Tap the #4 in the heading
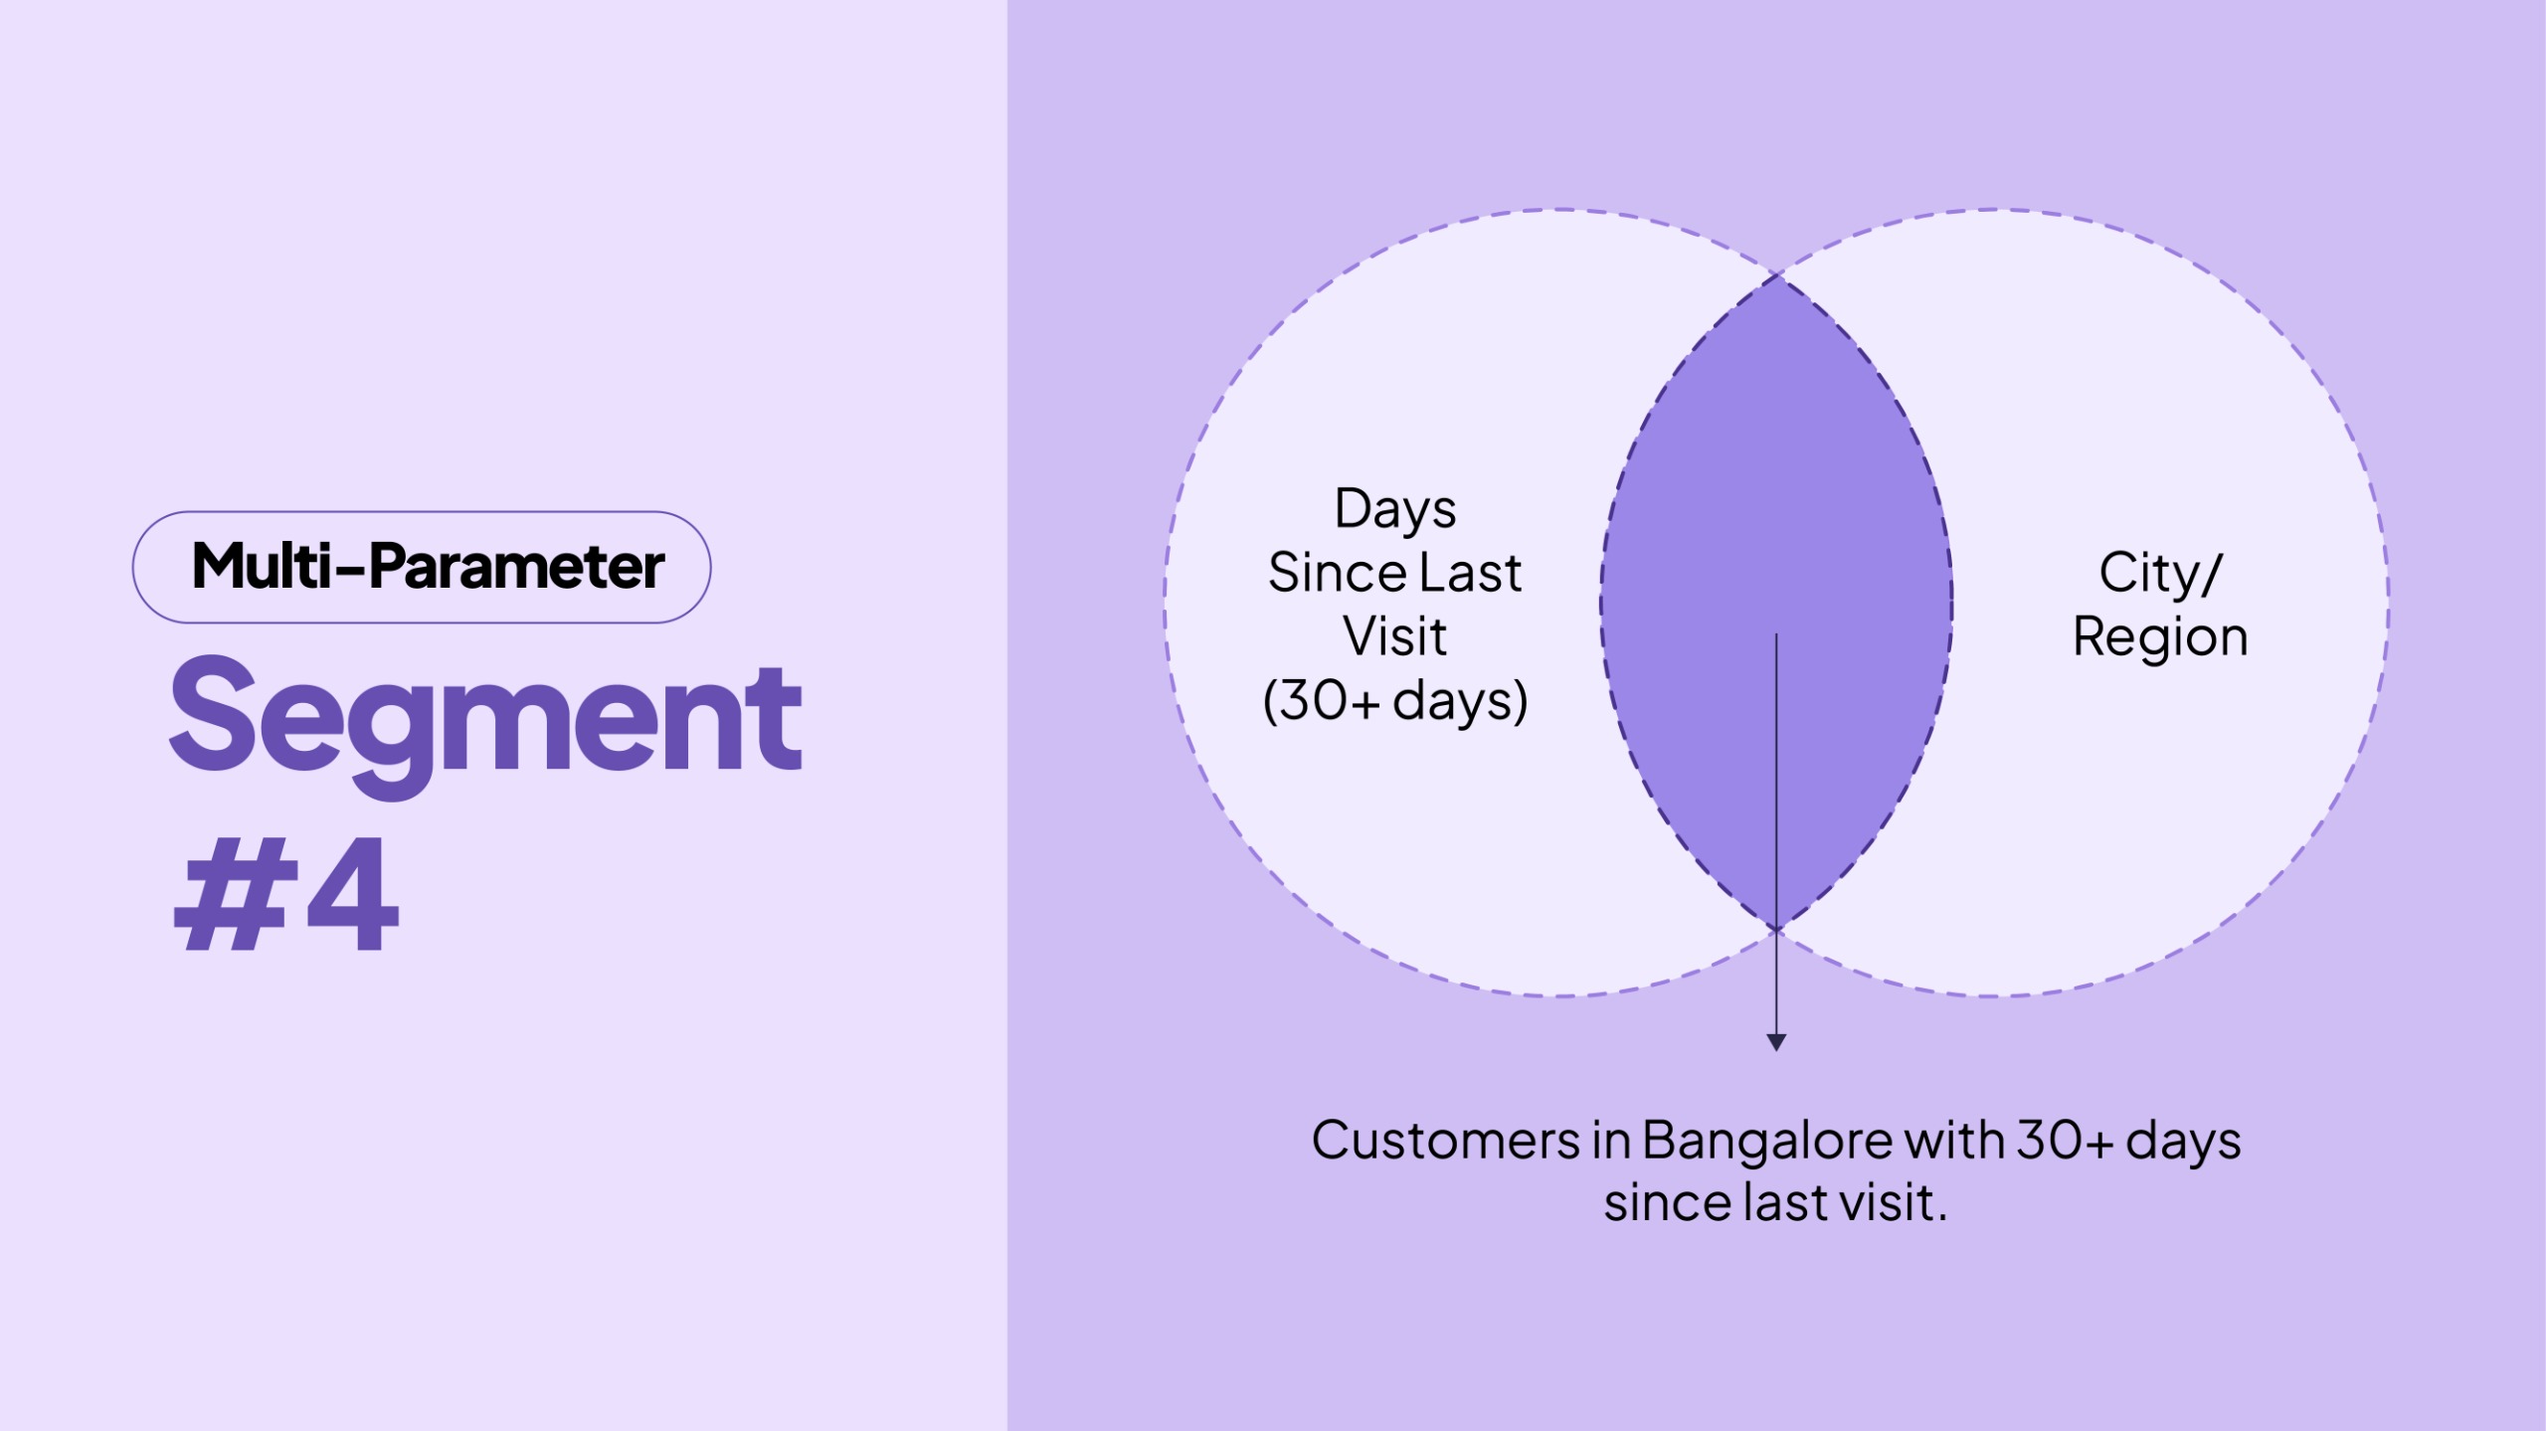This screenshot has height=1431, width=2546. (x=286, y=893)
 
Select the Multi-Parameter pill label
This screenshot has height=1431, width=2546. (x=427, y=567)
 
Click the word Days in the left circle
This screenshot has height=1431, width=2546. (x=1394, y=510)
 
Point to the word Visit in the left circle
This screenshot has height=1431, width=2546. (x=1394, y=636)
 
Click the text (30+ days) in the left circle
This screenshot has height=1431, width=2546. (x=1394, y=700)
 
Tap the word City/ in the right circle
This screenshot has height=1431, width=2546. (x=2159, y=573)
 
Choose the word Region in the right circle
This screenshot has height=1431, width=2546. (x=2159, y=637)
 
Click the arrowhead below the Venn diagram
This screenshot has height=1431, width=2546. (x=1776, y=1041)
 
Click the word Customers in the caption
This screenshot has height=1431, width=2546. (x=1445, y=1140)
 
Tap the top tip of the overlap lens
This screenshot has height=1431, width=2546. (x=1777, y=278)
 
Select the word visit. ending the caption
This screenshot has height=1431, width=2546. (x=1894, y=1203)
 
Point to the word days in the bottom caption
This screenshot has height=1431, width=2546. (x=2183, y=1142)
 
